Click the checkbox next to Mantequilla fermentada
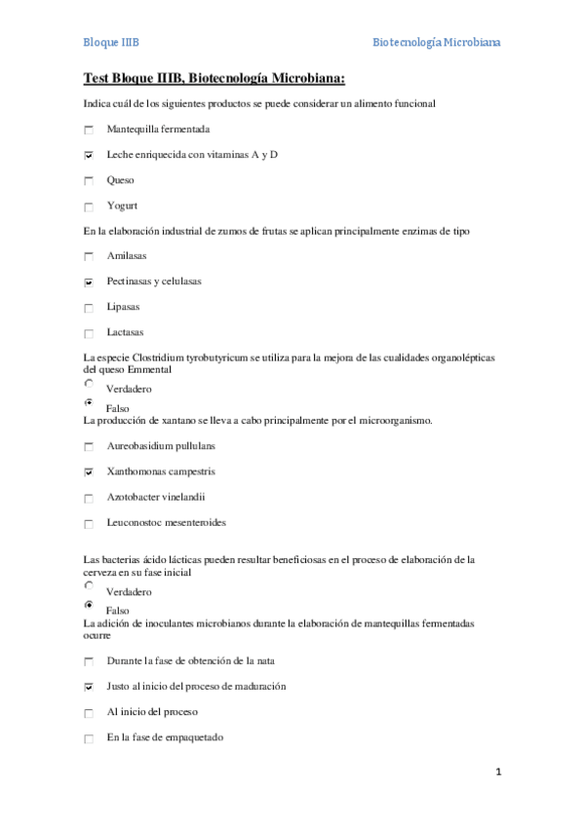click(x=89, y=131)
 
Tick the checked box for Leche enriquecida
click(x=89, y=156)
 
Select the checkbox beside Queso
click(x=89, y=181)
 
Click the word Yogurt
click(x=122, y=206)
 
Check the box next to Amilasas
click(x=89, y=257)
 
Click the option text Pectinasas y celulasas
click(x=154, y=282)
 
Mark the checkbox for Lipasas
click(x=89, y=308)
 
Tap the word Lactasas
click(x=126, y=332)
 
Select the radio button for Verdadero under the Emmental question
click(x=89, y=385)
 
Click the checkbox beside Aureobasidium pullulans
click(x=89, y=447)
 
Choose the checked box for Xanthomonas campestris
click(x=89, y=472)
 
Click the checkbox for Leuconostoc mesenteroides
click(x=89, y=523)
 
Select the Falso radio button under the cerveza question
click(x=89, y=605)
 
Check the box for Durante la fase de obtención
click(x=89, y=662)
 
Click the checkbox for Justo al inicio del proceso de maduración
click(x=89, y=687)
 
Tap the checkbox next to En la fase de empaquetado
click(x=89, y=738)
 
